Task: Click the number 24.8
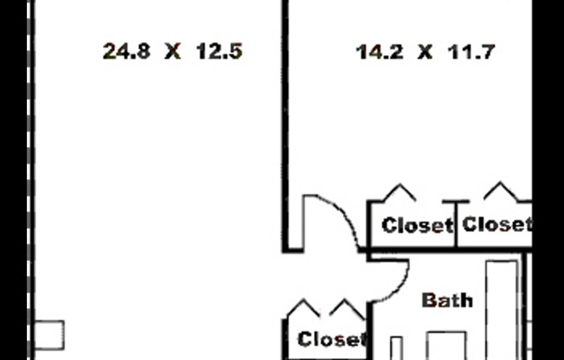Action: click(x=126, y=51)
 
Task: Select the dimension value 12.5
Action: click(x=220, y=51)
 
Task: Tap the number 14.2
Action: click(x=380, y=52)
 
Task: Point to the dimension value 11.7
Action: click(x=471, y=52)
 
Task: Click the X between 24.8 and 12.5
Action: click(x=173, y=51)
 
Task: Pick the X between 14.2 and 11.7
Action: click(x=425, y=52)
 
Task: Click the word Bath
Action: click(x=447, y=300)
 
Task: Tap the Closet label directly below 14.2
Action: click(x=417, y=225)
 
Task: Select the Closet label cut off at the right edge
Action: click(x=497, y=224)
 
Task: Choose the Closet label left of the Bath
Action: click(x=331, y=339)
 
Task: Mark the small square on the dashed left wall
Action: click(x=49, y=335)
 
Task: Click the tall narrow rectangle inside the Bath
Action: click(x=502, y=310)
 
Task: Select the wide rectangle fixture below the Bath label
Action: click(x=447, y=345)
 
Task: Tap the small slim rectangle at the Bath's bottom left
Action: click(x=396, y=348)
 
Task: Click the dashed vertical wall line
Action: click(x=29, y=180)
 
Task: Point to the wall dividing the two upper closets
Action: click(x=456, y=223)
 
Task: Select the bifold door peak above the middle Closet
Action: click(x=400, y=192)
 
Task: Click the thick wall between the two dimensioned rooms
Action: click(x=285, y=126)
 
